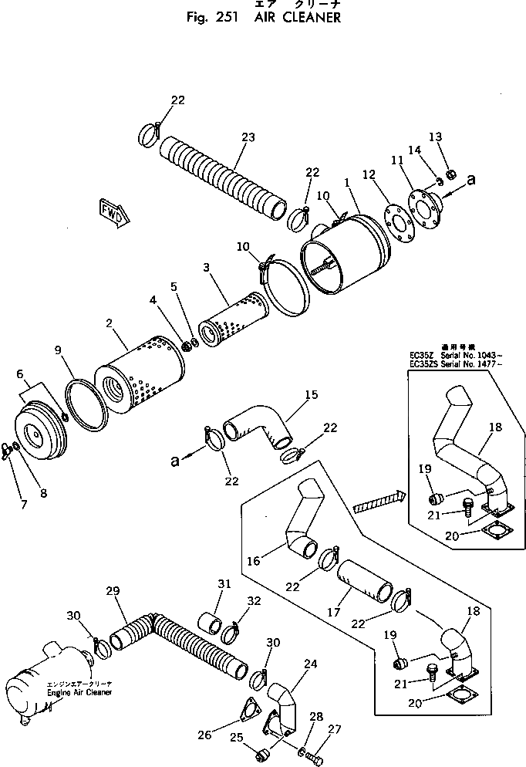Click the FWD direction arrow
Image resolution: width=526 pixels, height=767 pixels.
point(113,214)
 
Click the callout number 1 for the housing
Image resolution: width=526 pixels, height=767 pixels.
point(347,184)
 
